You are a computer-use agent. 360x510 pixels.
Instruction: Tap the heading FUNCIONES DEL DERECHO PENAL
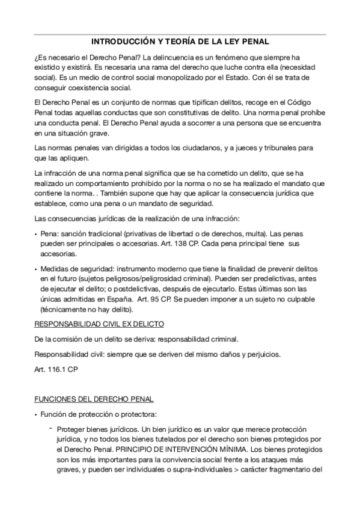click(x=94, y=399)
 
